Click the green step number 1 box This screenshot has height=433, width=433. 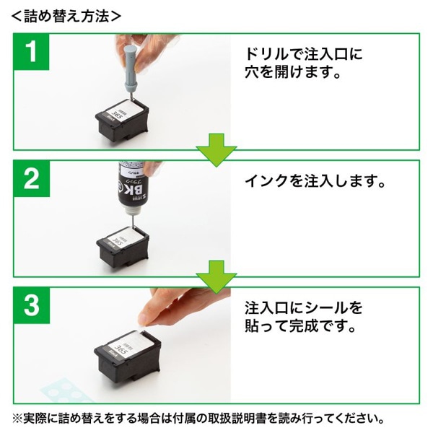click(x=32, y=52)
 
